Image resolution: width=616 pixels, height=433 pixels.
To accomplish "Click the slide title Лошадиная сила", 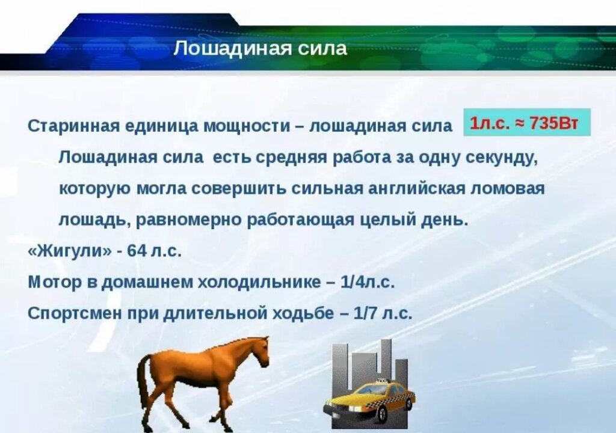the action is click(x=260, y=49).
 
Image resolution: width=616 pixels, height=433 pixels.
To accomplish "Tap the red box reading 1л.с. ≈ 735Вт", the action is click(x=527, y=123).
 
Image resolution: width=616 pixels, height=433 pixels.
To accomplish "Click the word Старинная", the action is click(x=73, y=126).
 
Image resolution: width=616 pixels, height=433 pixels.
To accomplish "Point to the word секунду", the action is click(x=496, y=158).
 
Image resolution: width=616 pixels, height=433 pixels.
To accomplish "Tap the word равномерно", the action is click(x=191, y=220).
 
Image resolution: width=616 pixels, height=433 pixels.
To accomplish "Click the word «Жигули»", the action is click(x=70, y=251).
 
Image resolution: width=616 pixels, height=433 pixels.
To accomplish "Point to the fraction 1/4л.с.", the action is click(x=368, y=282).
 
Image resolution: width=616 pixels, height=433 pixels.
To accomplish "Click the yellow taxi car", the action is click(x=369, y=400).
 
